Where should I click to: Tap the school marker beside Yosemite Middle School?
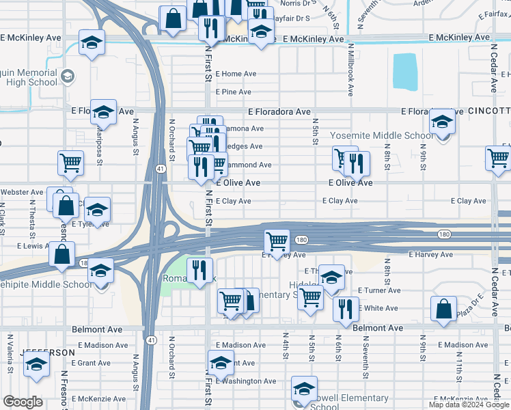tap(443, 122)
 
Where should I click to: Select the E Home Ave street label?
tap(236, 74)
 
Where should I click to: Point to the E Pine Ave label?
tap(234, 92)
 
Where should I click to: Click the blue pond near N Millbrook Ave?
tap(405, 72)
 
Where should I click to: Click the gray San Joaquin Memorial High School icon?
tap(68, 75)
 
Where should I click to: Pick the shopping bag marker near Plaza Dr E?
tap(444, 308)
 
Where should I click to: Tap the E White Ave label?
tap(380, 308)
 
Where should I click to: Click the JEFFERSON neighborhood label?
tap(48, 352)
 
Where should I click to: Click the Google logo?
tap(23, 402)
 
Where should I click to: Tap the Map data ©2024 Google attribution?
tap(469, 405)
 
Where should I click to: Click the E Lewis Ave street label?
tap(30, 245)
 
